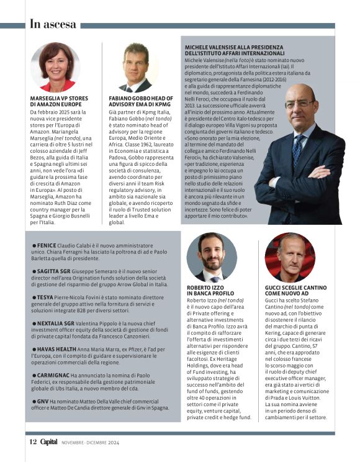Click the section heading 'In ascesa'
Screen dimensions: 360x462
click(53, 24)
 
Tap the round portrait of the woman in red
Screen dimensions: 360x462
click(55, 66)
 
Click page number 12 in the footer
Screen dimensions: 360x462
click(32, 442)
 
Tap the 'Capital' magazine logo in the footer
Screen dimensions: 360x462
click(50, 442)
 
